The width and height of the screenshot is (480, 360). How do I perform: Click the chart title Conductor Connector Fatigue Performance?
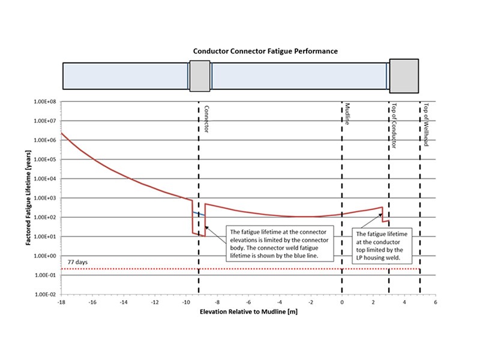pyautogui.click(x=265, y=51)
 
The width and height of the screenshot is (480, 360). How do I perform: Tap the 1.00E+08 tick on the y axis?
pyautogui.click(x=45, y=101)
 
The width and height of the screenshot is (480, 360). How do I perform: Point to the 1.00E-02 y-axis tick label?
pyautogui.click(x=45, y=295)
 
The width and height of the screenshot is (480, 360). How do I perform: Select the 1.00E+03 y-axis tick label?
pyautogui.click(x=45, y=198)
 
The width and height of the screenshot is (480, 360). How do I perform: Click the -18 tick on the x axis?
pyautogui.click(x=61, y=302)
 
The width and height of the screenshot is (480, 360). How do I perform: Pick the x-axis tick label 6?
pyautogui.click(x=436, y=302)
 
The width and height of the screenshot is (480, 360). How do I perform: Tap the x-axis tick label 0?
pyautogui.click(x=342, y=302)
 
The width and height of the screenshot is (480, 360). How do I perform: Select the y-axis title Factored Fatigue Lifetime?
pyautogui.click(x=28, y=198)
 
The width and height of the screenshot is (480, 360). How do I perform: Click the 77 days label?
pyautogui.click(x=77, y=262)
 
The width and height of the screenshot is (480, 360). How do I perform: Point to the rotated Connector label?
pyautogui.click(x=206, y=119)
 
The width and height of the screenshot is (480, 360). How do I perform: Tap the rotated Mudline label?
pyautogui.click(x=347, y=114)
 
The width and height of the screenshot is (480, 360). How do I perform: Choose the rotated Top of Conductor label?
pyautogui.click(x=394, y=125)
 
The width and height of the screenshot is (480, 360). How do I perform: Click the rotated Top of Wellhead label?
pyautogui.click(x=425, y=125)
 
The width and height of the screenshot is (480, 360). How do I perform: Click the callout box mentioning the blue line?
pyautogui.click(x=280, y=244)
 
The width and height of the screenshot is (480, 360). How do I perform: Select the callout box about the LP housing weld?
pyautogui.click(x=382, y=245)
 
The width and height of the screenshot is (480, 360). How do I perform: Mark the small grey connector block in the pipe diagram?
pyautogui.click(x=200, y=76)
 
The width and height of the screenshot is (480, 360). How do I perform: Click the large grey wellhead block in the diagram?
pyautogui.click(x=404, y=76)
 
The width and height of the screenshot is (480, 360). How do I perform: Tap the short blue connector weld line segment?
pyautogui.click(x=199, y=214)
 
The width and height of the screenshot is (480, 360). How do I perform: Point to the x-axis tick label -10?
pyautogui.click(x=186, y=302)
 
